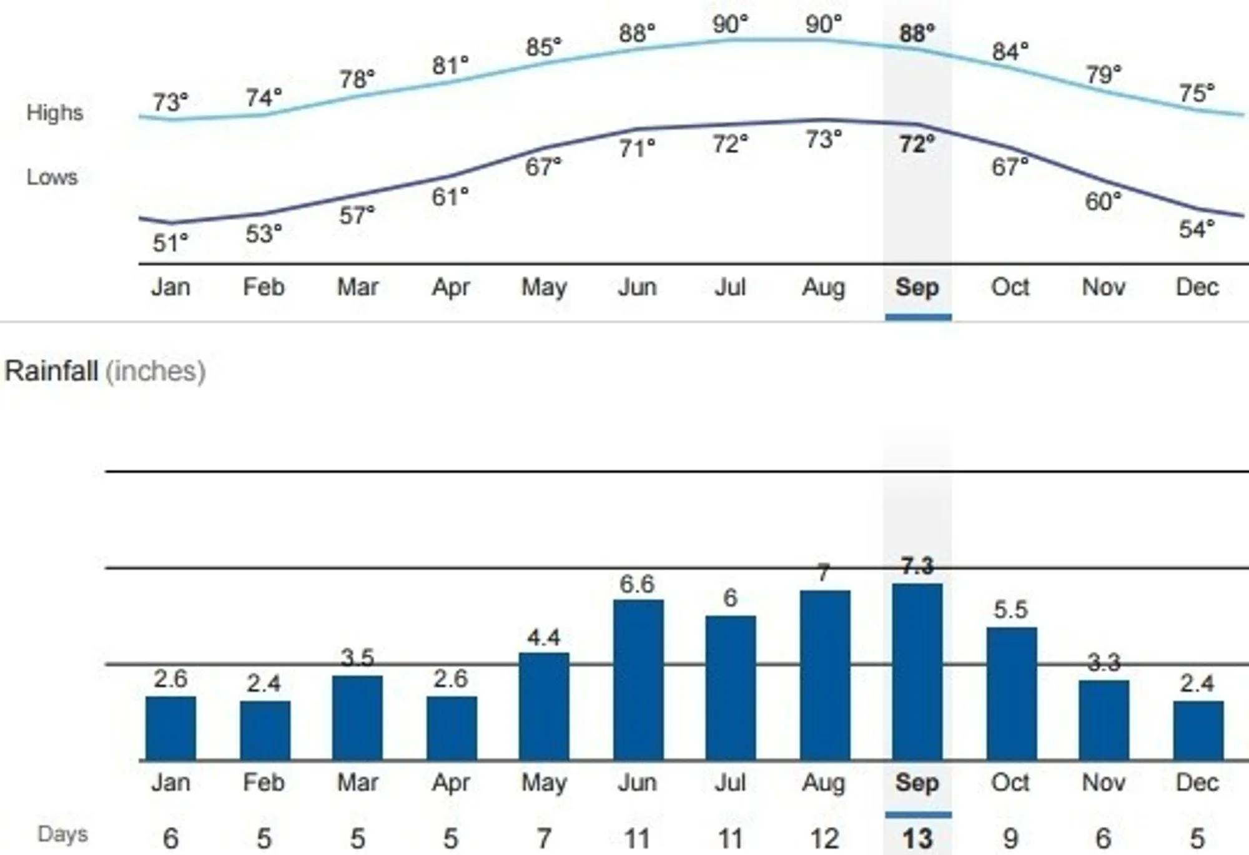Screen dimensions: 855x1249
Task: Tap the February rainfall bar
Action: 265,730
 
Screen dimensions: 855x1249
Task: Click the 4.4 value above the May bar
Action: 543,638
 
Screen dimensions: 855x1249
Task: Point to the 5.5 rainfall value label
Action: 1010,610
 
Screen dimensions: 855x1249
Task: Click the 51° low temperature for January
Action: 170,243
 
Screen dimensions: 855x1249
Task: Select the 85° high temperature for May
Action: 543,47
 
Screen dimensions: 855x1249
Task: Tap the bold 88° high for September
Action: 917,33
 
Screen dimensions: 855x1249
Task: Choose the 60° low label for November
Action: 1103,202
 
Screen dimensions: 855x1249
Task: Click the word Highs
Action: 54,112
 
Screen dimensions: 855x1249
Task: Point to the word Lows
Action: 52,177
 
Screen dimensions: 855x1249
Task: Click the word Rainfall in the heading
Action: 51,371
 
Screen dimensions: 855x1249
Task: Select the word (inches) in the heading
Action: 155,371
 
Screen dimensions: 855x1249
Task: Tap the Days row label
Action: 62,834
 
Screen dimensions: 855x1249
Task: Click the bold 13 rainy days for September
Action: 917,838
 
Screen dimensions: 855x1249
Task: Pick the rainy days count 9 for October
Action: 1010,838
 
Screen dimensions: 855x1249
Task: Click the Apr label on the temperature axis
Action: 451,287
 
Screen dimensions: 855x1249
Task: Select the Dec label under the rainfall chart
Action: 1197,783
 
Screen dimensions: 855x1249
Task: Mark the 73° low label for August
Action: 823,139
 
